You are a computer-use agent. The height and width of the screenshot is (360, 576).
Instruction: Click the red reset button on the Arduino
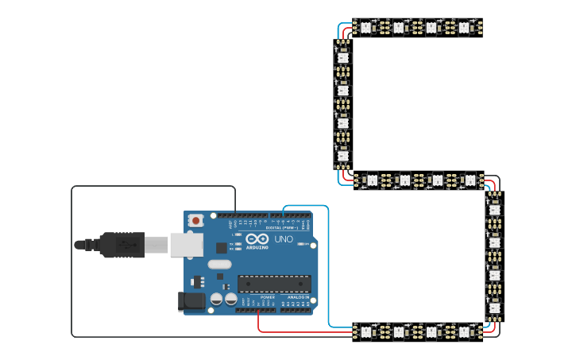(195, 220)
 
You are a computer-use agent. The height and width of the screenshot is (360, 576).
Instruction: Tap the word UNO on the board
(284, 239)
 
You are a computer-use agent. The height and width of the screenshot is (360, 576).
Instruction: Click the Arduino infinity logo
(257, 239)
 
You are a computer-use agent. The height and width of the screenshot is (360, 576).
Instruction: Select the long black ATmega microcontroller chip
(274, 284)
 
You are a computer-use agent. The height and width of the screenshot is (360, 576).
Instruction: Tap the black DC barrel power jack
(193, 300)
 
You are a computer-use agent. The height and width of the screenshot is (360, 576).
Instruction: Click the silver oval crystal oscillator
(219, 265)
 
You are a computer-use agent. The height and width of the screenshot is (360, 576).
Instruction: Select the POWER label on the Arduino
(267, 297)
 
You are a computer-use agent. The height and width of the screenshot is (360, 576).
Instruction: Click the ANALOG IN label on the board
(299, 297)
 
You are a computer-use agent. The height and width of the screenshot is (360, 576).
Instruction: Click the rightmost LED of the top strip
(464, 28)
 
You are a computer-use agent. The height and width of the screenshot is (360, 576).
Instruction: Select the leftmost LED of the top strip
(365, 28)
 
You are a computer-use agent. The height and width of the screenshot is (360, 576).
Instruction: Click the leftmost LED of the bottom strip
(366, 331)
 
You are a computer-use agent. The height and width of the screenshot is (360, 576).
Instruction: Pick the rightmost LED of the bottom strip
(465, 331)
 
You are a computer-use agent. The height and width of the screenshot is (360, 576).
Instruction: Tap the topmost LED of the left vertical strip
(342, 57)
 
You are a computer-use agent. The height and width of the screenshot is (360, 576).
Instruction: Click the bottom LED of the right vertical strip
(495, 308)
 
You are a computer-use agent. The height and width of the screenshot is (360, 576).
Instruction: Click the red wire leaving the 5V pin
(258, 322)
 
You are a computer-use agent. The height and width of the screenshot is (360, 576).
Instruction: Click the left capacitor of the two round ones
(216, 300)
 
